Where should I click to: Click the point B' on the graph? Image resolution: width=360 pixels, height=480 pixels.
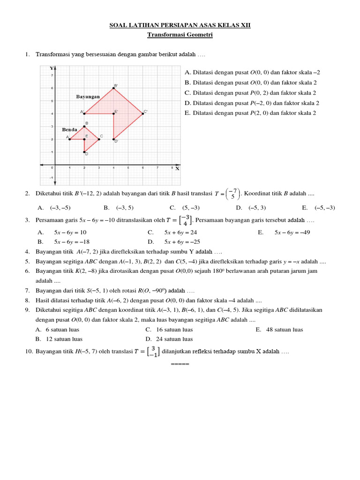[x=114, y=88]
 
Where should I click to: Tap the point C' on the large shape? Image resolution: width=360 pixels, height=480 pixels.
[x=142, y=113]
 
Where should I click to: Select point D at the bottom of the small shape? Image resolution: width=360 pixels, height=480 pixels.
[x=84, y=152]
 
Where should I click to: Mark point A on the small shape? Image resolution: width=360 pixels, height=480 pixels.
[x=69, y=139]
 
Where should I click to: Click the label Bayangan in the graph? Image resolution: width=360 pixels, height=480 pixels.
[x=88, y=97]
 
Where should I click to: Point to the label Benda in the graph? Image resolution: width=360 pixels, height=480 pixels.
[x=69, y=129]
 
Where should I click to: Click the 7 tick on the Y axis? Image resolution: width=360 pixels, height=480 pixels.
[x=52, y=75]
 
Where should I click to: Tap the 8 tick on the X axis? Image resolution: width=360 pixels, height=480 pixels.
[x=172, y=168]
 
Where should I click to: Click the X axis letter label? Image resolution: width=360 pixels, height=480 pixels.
[x=178, y=169]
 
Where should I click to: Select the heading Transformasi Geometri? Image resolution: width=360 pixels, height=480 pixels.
[x=180, y=35]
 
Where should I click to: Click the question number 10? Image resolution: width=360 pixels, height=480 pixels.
[x=29, y=351]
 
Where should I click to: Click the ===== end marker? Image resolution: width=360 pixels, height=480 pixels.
[x=180, y=364]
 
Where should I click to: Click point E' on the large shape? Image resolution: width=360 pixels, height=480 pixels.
[x=114, y=113]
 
